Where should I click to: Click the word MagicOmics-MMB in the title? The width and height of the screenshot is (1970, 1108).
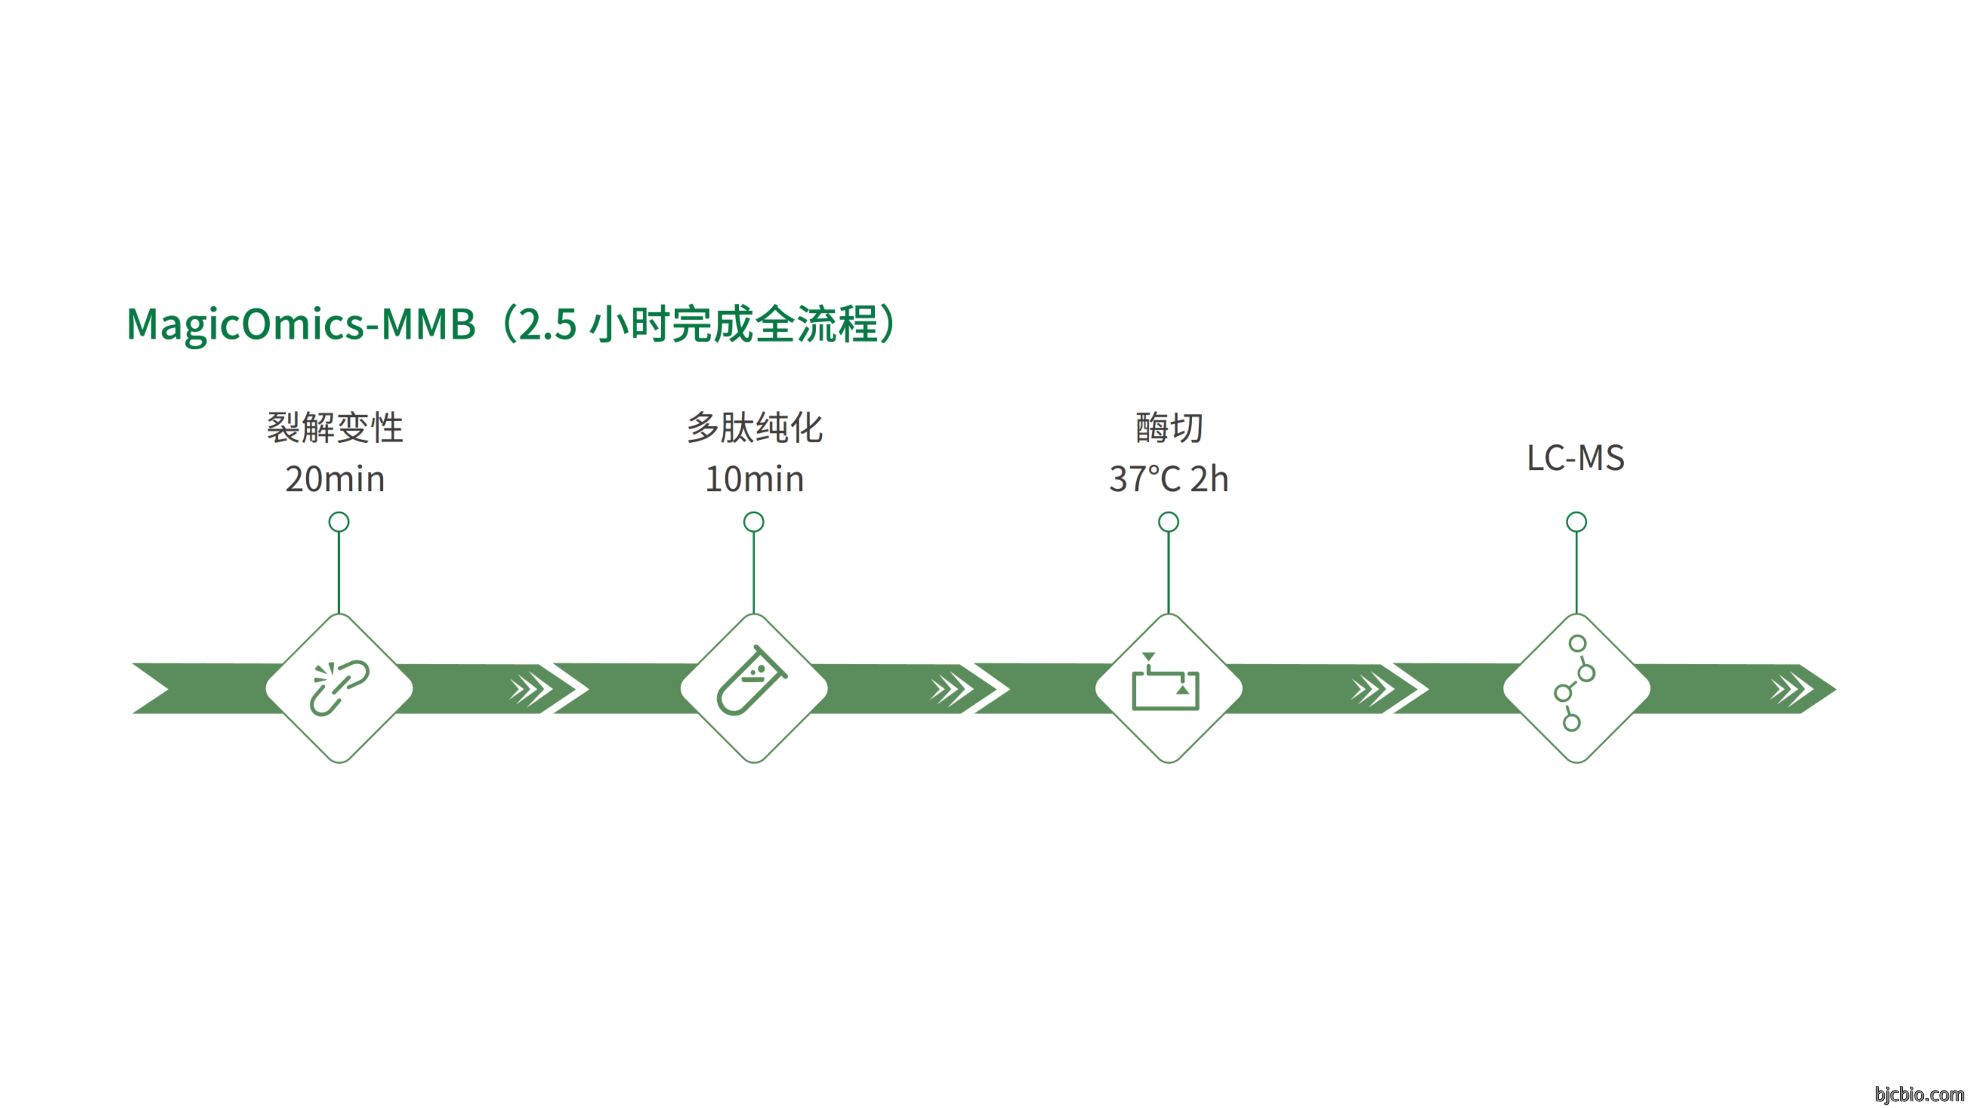(301, 324)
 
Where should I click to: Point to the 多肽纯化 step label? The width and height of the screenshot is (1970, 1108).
(754, 427)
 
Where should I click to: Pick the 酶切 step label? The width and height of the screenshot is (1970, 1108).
(1169, 427)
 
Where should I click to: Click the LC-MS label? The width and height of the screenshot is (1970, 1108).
(1575, 458)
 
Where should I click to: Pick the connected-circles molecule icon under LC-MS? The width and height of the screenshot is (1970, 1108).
(1574, 683)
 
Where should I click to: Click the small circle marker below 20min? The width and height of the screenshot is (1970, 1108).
(339, 522)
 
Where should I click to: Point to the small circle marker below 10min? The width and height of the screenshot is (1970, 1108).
(753, 522)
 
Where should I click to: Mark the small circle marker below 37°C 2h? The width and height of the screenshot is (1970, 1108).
(1168, 522)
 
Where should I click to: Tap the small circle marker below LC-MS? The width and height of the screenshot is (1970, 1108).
(1576, 522)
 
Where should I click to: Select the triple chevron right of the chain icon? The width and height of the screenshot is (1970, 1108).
(531, 689)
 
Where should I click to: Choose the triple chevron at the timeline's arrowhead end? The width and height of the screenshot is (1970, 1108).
(1791, 689)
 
